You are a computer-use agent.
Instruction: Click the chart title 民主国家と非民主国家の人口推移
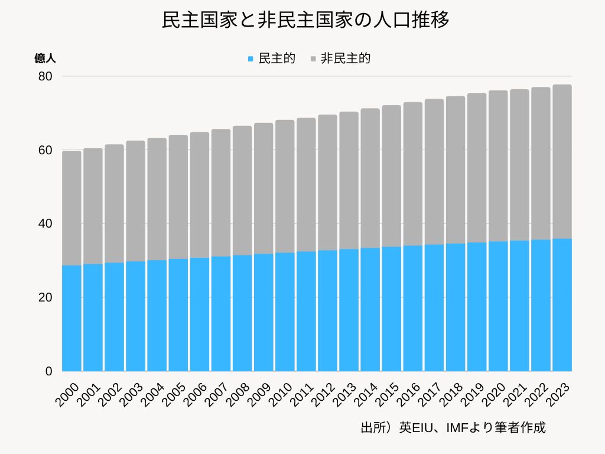pyautogui.click(x=305, y=21)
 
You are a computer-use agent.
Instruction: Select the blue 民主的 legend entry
pyautogui.click(x=271, y=59)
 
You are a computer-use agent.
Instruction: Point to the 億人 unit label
pyautogui.click(x=45, y=59)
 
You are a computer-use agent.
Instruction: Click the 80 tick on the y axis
pyautogui.click(x=46, y=76)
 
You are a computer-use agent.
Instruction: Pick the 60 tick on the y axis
pyautogui.click(x=46, y=150)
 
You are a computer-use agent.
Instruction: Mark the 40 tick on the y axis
pyautogui.click(x=46, y=223)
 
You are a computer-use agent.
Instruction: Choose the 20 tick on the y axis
pyautogui.click(x=46, y=297)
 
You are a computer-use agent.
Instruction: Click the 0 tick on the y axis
pyautogui.click(x=49, y=371)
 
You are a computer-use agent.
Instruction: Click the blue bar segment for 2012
pyautogui.click(x=327, y=310)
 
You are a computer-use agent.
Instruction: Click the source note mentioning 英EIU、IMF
pyautogui.click(x=453, y=427)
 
